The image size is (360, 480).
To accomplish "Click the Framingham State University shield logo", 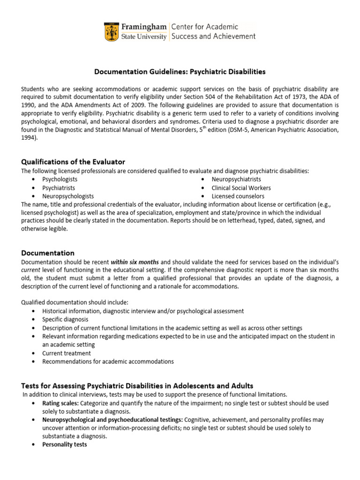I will [111, 31].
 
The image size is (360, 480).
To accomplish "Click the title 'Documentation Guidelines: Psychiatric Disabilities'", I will [180, 72].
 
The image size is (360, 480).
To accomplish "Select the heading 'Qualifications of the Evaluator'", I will [73, 162].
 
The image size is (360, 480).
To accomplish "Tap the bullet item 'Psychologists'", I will [60, 180].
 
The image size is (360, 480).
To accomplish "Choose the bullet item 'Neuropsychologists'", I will [68, 196].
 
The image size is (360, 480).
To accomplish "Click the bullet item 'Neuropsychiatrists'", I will [236, 180].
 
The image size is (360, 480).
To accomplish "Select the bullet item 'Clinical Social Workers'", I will [241, 188].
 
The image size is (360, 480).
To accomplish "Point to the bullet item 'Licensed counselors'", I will [238, 196].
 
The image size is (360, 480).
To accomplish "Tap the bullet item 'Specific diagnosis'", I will [66, 320].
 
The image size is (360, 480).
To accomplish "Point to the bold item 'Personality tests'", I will [65, 444].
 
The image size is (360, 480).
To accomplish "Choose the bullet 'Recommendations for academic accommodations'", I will [108, 362].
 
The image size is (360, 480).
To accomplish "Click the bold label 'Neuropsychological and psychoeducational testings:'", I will [112, 420].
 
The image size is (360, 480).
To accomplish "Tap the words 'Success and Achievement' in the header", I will [214, 36].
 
